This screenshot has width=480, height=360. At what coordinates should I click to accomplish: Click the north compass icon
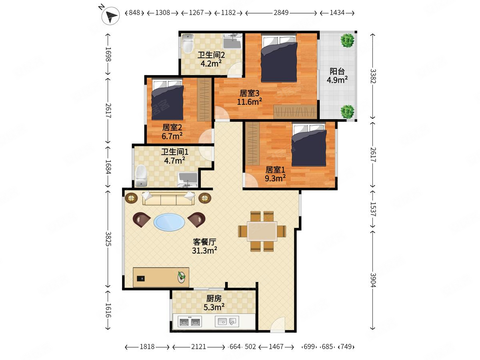[110, 16]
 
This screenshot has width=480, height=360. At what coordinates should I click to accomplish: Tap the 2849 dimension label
[281, 13]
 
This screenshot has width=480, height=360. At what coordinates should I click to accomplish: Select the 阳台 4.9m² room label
[337, 76]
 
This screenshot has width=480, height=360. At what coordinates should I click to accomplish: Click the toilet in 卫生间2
[188, 44]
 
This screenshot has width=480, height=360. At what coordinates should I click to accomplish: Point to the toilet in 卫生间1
[141, 176]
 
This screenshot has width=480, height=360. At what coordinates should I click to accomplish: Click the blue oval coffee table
[169, 222]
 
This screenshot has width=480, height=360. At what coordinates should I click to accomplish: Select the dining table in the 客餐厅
[262, 231]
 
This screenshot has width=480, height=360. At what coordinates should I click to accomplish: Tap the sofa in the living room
[168, 198]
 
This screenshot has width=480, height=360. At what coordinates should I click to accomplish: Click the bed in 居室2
[168, 100]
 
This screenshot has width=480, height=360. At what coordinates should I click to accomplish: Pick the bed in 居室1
[309, 144]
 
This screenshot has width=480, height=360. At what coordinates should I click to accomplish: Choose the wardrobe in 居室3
[295, 112]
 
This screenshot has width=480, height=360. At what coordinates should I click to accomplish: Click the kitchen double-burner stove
[190, 322]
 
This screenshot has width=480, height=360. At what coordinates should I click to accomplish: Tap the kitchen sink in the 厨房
[227, 322]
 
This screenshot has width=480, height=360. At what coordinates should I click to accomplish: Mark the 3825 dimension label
[108, 239]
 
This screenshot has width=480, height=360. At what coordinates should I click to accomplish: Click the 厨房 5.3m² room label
[214, 303]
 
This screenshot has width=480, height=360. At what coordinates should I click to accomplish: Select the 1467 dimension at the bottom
[276, 347]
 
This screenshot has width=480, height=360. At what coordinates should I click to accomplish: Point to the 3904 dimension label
[373, 280]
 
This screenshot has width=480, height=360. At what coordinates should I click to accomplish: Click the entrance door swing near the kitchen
[278, 324]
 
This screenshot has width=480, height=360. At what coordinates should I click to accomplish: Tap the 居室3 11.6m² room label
[250, 98]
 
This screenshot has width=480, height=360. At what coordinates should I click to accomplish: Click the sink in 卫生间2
[232, 41]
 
